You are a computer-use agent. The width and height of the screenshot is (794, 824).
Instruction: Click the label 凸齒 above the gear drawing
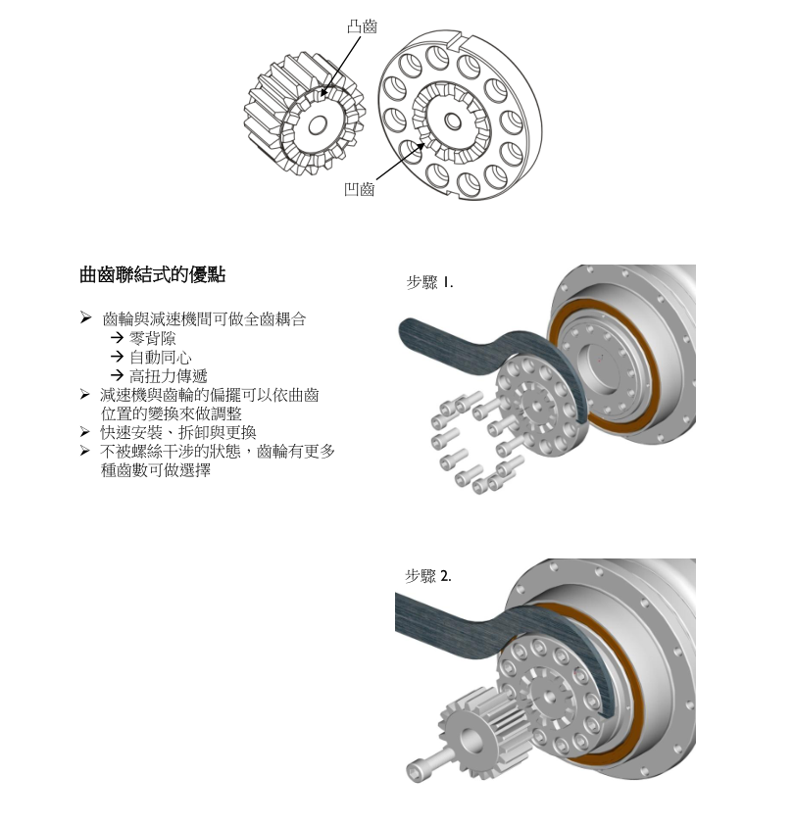click(x=363, y=26)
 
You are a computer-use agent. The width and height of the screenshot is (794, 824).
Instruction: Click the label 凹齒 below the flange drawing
click(x=359, y=189)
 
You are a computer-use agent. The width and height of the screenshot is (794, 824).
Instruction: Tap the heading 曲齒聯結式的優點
click(x=153, y=274)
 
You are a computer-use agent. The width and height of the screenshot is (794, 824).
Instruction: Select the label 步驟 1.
click(x=429, y=283)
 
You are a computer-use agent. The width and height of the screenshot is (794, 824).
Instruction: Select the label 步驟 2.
click(x=428, y=576)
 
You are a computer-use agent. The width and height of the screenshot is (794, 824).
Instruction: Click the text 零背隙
click(x=153, y=338)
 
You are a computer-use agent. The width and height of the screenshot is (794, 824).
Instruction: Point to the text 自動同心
click(x=161, y=358)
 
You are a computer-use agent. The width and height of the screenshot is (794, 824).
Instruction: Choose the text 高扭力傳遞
click(x=169, y=376)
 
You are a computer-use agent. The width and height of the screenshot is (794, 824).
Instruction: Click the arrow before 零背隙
click(x=118, y=337)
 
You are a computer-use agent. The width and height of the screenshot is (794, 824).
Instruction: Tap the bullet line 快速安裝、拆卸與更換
click(x=178, y=432)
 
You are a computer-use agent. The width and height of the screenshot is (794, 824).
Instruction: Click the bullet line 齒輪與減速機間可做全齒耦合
click(x=204, y=319)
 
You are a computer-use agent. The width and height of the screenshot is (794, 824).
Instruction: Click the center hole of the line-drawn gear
click(x=317, y=125)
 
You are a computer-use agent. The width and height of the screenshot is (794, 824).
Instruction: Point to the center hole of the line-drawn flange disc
click(x=453, y=121)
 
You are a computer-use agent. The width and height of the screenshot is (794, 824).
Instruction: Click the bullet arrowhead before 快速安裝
click(x=85, y=432)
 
